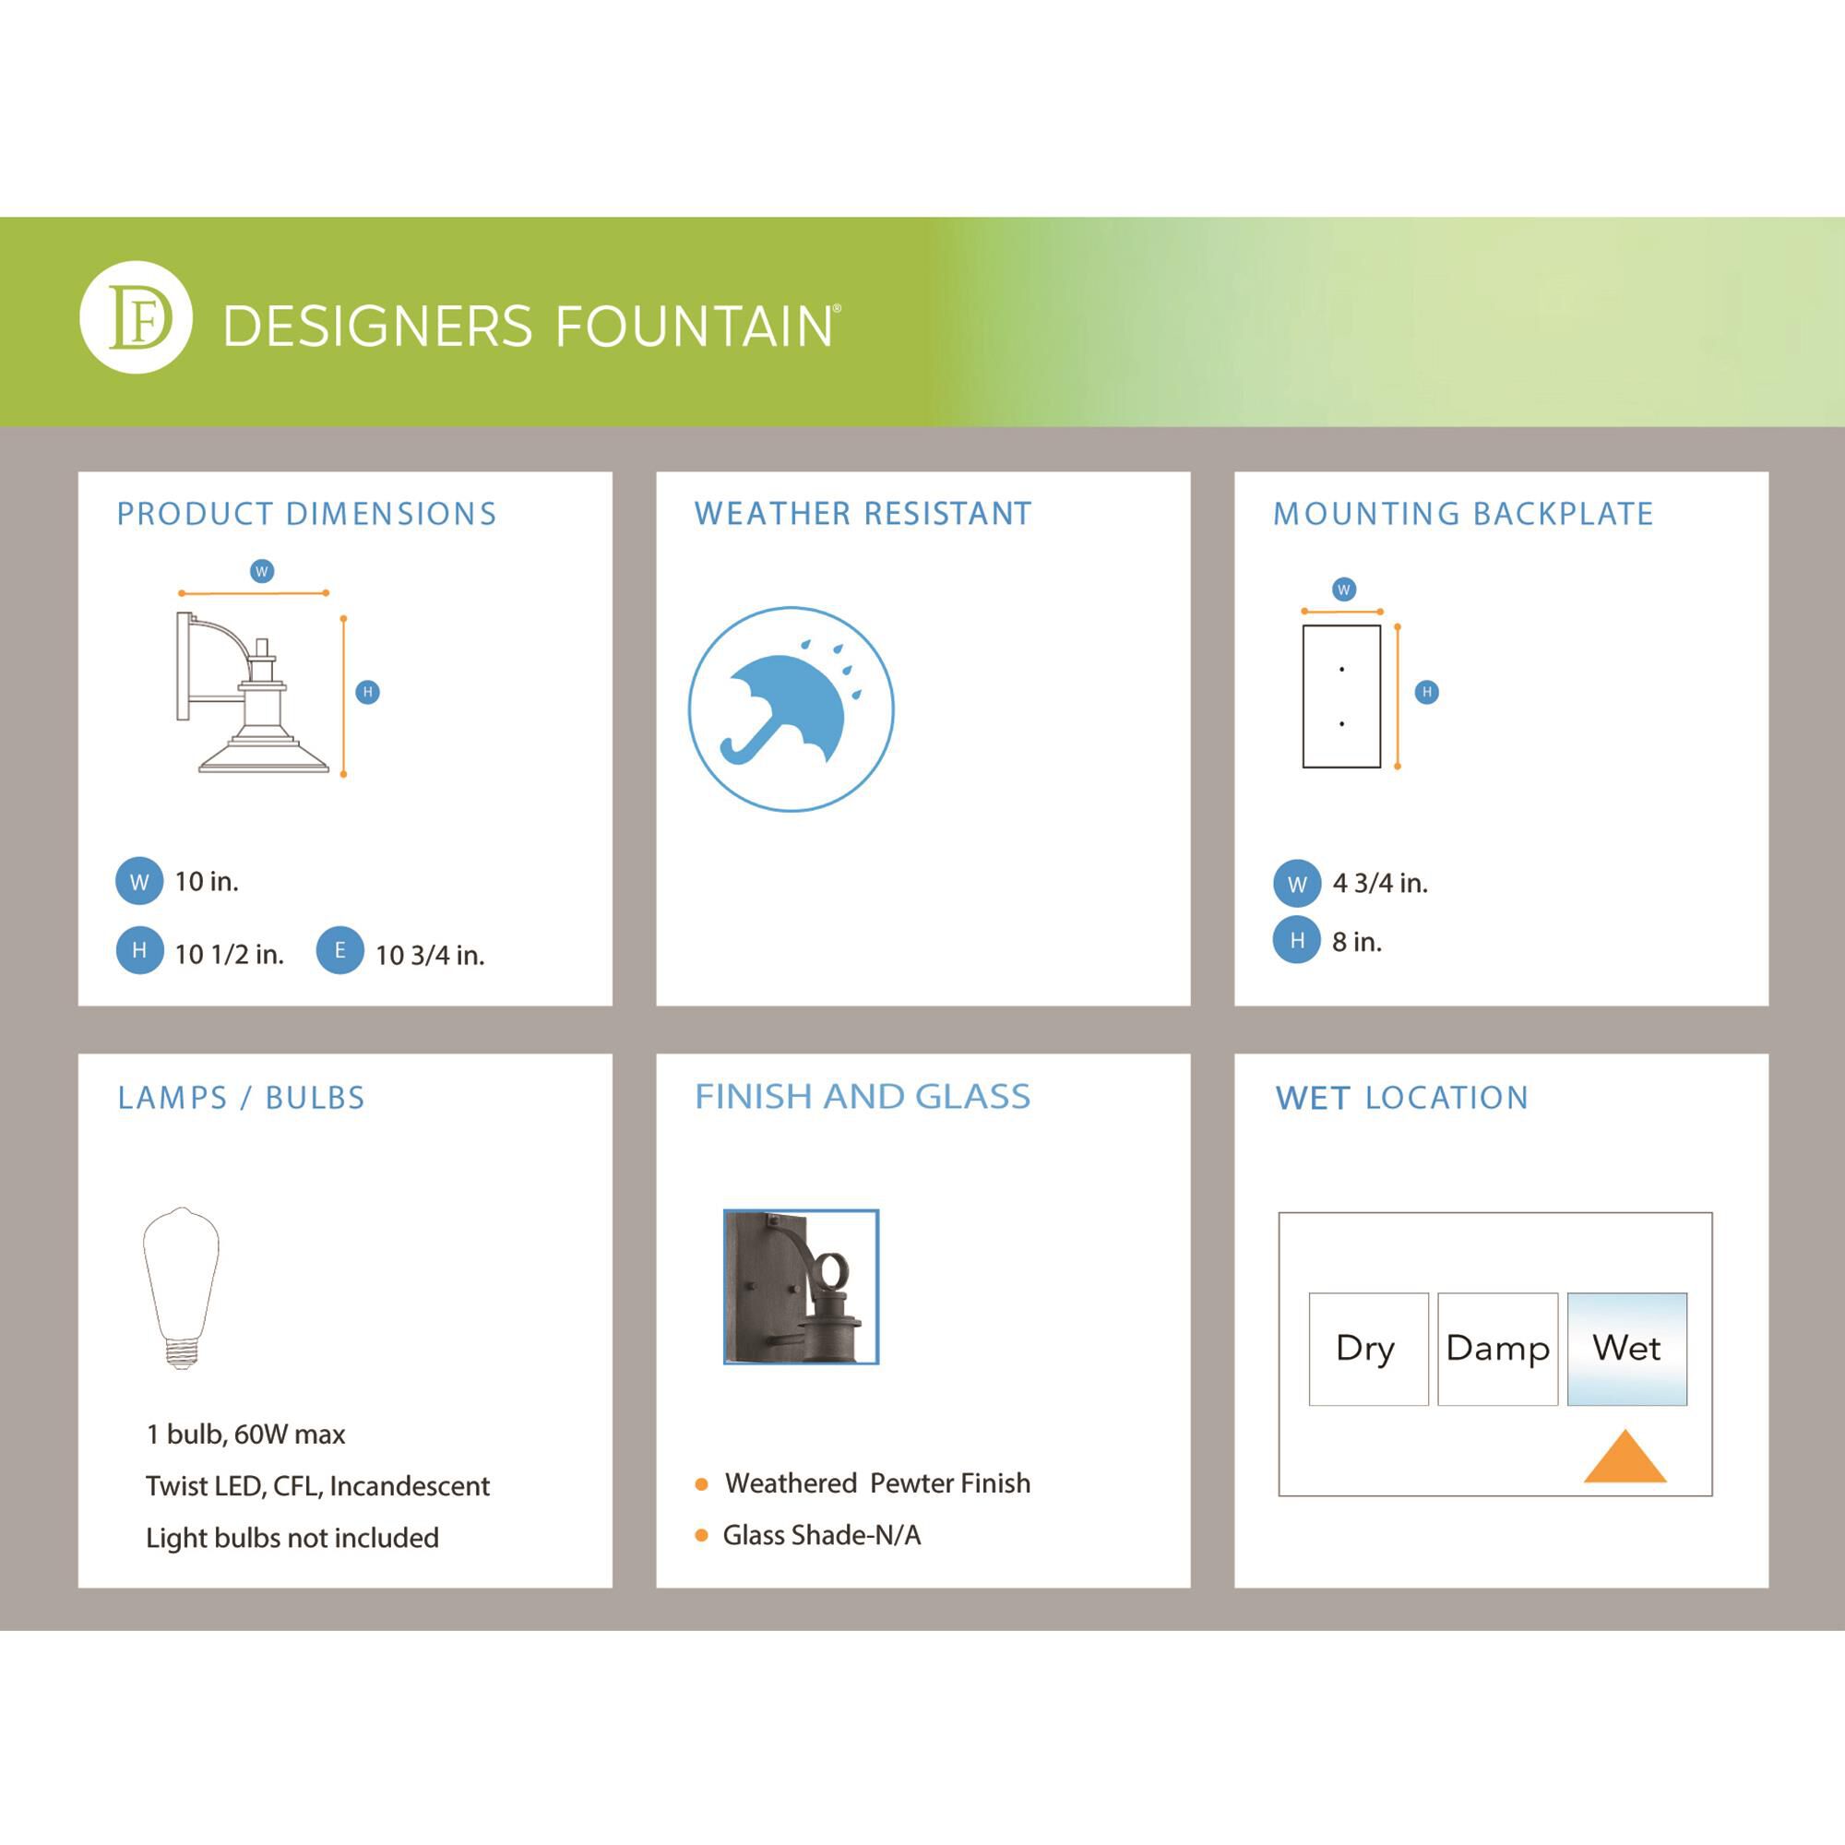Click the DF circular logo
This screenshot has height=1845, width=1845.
point(136,317)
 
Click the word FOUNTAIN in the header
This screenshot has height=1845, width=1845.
point(695,327)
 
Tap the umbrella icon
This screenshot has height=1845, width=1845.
point(791,709)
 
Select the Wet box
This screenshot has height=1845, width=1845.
point(1626,1350)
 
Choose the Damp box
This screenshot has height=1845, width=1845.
point(1497,1350)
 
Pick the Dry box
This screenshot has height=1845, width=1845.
point(1368,1350)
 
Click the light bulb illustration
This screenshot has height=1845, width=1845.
point(181,1288)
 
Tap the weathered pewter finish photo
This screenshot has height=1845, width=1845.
point(802,1286)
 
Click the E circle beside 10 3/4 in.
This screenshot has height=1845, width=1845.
point(340,950)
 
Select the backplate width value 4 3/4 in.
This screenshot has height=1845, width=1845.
point(1380,884)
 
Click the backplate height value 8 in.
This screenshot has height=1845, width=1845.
point(1357,942)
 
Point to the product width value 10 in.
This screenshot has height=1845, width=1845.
point(207,881)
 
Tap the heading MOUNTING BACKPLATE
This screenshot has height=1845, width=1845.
point(1463,514)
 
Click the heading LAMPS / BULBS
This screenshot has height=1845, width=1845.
point(242,1098)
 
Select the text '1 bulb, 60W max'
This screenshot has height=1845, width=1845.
point(245,1434)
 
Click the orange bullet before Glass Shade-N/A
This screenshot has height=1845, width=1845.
point(702,1536)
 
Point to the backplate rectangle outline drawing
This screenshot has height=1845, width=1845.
point(1341,696)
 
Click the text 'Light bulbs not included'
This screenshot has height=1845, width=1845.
point(292,1538)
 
